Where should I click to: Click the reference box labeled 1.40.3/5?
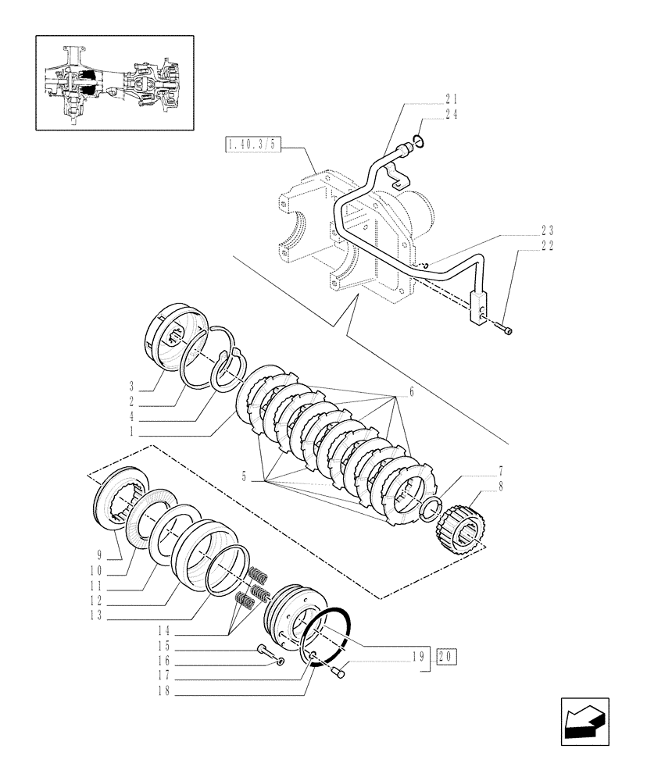click(253, 144)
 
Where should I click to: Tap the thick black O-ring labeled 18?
click(326, 632)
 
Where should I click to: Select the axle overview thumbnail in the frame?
click(114, 82)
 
